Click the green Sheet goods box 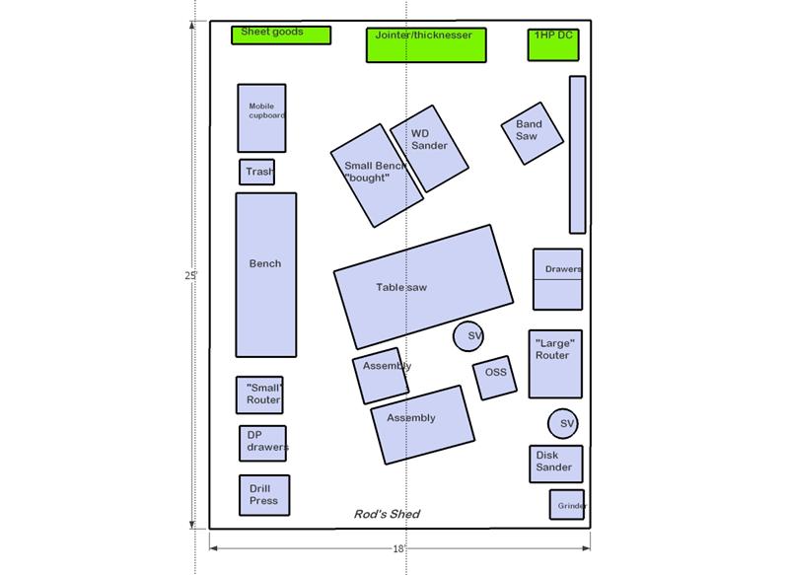[x=281, y=36]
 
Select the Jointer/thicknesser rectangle [x=426, y=45]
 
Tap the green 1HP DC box [x=553, y=44]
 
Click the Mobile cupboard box [x=261, y=118]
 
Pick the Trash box [x=256, y=172]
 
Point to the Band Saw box [x=533, y=133]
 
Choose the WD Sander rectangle [x=430, y=148]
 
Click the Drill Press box [x=264, y=495]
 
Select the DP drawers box [x=262, y=443]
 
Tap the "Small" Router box [x=259, y=395]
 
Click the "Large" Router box [x=555, y=364]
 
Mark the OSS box [x=495, y=378]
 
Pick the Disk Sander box [x=556, y=464]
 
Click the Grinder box [x=567, y=505]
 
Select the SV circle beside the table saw [x=468, y=336]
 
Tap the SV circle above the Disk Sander [x=562, y=423]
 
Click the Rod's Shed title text [x=387, y=514]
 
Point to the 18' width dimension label [x=399, y=548]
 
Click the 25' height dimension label [x=190, y=276]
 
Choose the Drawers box [x=557, y=279]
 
